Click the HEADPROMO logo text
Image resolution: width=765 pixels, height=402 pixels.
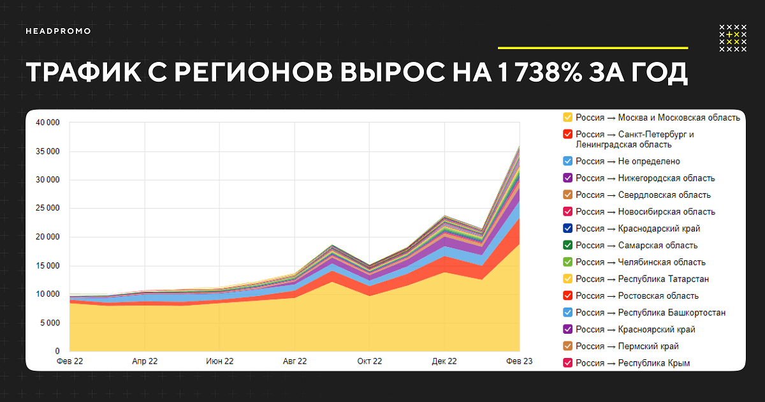pos(58,31)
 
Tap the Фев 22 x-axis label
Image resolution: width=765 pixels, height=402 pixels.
pos(69,361)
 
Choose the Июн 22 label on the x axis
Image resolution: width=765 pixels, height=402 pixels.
pos(219,361)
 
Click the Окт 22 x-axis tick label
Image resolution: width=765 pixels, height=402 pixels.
pos(369,361)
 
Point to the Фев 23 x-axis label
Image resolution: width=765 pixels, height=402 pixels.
pos(519,361)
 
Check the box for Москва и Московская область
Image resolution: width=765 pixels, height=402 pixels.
pos(567,117)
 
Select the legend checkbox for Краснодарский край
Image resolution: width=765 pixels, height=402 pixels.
pos(567,228)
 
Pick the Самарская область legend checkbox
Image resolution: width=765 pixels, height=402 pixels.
pos(567,245)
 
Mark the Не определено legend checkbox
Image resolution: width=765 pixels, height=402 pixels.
pos(567,161)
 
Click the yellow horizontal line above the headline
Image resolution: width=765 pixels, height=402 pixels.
pos(592,48)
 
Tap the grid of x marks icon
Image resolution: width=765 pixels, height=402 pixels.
pos(732,38)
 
